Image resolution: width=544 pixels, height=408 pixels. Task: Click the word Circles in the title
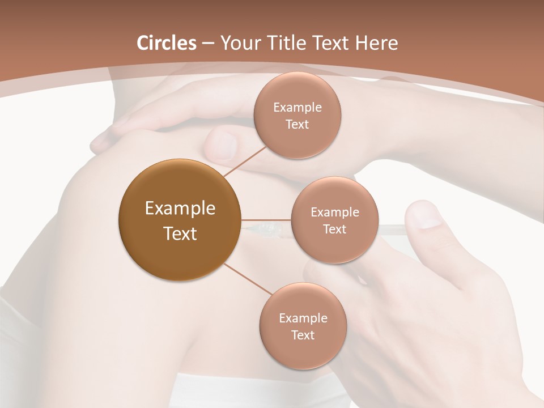point(167,43)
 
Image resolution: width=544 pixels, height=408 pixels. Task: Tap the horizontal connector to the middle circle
point(266,220)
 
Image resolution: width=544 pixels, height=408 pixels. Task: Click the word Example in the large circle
point(180,209)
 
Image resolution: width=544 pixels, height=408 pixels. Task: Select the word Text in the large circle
point(180,233)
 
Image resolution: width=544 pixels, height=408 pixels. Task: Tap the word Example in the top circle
point(297,108)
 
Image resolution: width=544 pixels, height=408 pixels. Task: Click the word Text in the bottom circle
point(303,335)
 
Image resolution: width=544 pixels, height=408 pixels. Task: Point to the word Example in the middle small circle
point(334,212)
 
